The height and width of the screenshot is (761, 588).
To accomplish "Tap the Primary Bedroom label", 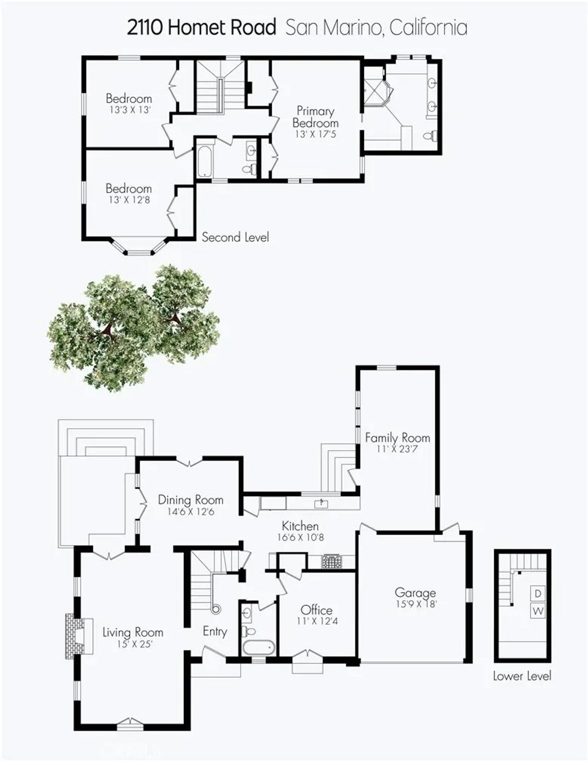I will [315, 117].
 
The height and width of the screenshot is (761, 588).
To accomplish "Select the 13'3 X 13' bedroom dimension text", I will [129, 110].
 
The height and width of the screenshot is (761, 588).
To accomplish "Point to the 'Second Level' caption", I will [235, 237].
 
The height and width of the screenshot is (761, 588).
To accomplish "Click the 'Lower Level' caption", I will [522, 676].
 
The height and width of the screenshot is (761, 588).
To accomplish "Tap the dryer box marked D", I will [537, 593].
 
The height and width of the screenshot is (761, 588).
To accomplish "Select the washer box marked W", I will [537, 611].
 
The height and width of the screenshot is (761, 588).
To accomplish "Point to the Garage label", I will [415, 593].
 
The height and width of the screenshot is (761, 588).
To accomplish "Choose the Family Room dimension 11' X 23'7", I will [397, 449].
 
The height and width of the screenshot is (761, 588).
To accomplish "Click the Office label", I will [316, 610].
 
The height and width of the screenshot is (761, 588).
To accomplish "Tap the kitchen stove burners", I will [331, 561].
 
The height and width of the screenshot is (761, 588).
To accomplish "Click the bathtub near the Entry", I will [258, 647].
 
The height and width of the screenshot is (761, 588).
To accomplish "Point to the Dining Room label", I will [191, 500].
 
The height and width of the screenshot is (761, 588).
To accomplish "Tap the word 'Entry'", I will [215, 631].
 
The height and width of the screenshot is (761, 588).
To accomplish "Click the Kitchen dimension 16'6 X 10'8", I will [300, 538].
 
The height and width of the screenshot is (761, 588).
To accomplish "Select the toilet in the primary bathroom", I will [430, 136].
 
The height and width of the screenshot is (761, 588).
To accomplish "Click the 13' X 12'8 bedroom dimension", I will [129, 200].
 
